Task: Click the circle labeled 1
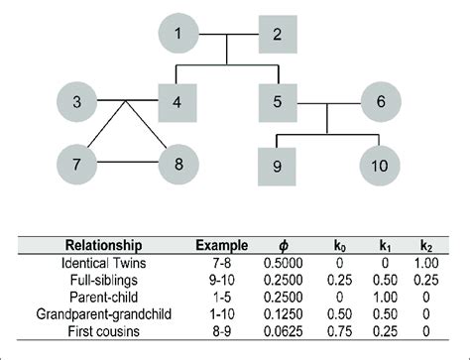click(x=178, y=37)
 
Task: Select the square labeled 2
click(x=279, y=37)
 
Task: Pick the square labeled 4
click(x=179, y=100)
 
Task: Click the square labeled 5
click(x=279, y=100)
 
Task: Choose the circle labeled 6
click(x=379, y=100)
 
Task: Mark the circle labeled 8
click(x=179, y=162)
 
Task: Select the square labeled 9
click(x=279, y=163)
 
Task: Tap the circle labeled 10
click(x=379, y=163)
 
